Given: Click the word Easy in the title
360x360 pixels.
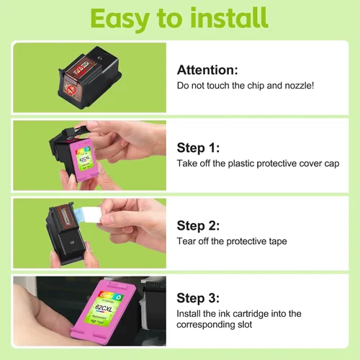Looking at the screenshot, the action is (120, 19).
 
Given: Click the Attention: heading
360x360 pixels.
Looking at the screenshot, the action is (207, 70).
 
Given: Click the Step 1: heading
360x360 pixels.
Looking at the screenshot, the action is (198, 148).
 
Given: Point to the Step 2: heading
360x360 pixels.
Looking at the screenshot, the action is (198, 225).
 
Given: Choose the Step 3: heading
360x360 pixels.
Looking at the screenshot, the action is (198, 298).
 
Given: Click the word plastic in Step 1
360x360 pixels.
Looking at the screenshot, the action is (241, 163).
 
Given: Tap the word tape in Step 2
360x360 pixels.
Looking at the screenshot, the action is (278, 241).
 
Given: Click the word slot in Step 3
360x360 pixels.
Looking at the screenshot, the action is (245, 325).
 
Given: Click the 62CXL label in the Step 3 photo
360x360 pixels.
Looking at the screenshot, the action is (104, 308).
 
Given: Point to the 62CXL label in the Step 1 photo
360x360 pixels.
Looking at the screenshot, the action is (84, 159).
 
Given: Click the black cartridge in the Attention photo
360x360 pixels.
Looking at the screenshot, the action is (90, 77).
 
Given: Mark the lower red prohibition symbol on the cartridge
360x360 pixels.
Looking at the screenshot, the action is (71, 89).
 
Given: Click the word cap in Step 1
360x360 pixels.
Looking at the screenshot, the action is (332, 164).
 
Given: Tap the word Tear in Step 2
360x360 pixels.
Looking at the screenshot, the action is (186, 241).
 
